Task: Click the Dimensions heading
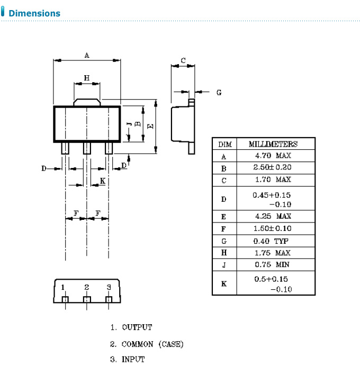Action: pyautogui.click(x=34, y=13)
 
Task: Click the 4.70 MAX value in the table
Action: pyautogui.click(x=272, y=156)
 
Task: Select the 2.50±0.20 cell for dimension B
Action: pyautogui.click(x=272, y=168)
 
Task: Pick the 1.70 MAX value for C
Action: pyautogui.click(x=272, y=180)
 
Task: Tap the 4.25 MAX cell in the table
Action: pyautogui.click(x=272, y=217)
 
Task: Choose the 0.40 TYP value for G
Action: pyautogui.click(x=272, y=241)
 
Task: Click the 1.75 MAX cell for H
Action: pyautogui.click(x=272, y=253)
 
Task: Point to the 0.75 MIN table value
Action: pyautogui.click(x=272, y=265)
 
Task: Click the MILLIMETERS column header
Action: pyautogui.click(x=273, y=144)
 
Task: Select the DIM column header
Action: pyautogui.click(x=223, y=144)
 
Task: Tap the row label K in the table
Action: pyautogui.click(x=223, y=284)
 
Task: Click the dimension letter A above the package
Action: pyautogui.click(x=87, y=55)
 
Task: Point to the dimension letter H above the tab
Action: pyautogui.click(x=87, y=78)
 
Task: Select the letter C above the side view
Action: pyautogui.click(x=183, y=60)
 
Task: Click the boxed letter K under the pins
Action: pyautogui.click(x=103, y=181)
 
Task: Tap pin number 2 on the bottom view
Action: pyautogui.click(x=86, y=287)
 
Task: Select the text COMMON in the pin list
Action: pyautogui.click(x=138, y=344)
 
